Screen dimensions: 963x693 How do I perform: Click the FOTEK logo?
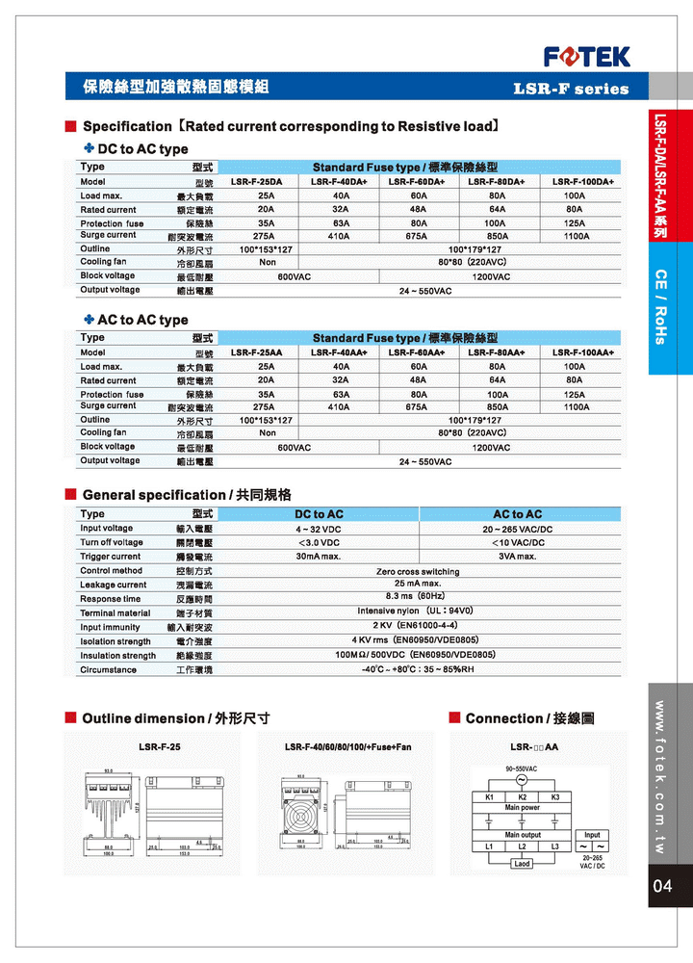587,56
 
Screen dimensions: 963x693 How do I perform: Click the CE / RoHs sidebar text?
661,307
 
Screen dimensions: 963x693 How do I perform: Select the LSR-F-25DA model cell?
257,182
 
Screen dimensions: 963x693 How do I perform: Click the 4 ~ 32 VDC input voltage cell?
318,529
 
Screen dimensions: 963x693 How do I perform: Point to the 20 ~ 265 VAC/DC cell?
517,529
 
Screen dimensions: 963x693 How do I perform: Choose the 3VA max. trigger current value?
517,557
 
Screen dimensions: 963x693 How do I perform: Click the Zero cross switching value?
417,571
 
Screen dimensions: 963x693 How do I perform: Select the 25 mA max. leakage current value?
417,584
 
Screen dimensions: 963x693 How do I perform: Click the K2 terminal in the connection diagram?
522,797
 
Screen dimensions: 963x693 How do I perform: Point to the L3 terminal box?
555,846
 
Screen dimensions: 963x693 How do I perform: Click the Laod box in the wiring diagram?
522,864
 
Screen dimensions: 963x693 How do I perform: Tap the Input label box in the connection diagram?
592,835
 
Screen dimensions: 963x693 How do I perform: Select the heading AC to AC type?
142,320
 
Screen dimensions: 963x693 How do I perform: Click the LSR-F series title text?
571,89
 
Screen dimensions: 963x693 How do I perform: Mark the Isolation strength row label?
115,641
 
